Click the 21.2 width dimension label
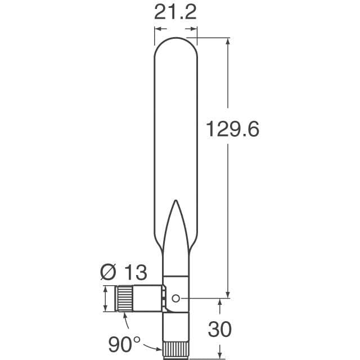pos(175,12)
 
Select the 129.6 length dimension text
pos(232,129)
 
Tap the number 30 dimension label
pos(220,329)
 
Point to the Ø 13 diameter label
pos(124,272)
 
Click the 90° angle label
pos(124,344)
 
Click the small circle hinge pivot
pos(175,299)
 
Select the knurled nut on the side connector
pos(125,299)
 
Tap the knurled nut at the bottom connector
pos(176,350)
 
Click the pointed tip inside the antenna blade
pos(175,200)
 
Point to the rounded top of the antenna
pos(175,38)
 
